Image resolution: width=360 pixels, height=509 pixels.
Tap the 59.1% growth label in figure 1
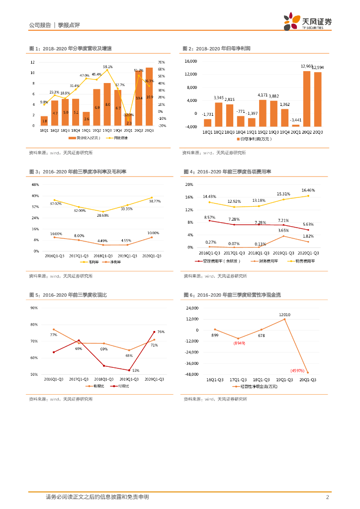(108, 67)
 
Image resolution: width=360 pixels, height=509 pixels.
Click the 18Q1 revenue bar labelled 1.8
(44, 121)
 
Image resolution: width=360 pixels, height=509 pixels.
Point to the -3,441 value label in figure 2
(296, 120)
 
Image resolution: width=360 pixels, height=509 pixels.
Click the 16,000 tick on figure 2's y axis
(191, 61)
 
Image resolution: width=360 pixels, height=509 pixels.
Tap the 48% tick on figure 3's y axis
(35, 184)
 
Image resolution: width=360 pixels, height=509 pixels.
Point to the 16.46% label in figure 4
(308, 190)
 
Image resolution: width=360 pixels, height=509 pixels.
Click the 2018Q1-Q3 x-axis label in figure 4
(261, 253)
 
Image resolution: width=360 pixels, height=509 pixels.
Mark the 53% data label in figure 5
(135, 370)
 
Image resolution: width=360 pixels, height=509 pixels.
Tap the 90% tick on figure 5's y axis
(34, 308)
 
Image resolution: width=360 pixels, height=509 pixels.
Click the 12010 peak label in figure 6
(284, 315)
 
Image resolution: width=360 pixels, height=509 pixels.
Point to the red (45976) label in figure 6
(298, 370)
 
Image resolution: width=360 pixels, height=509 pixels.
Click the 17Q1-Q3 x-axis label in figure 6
(238, 380)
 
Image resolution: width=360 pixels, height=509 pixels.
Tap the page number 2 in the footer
(328, 497)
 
